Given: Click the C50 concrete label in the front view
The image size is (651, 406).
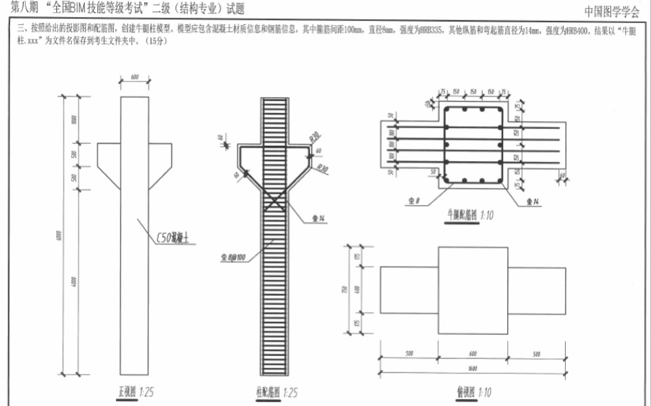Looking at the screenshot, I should click(175, 238).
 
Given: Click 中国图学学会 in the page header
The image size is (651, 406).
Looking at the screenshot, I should click(612, 11).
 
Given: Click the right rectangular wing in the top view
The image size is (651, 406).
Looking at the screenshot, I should click(536, 290).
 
